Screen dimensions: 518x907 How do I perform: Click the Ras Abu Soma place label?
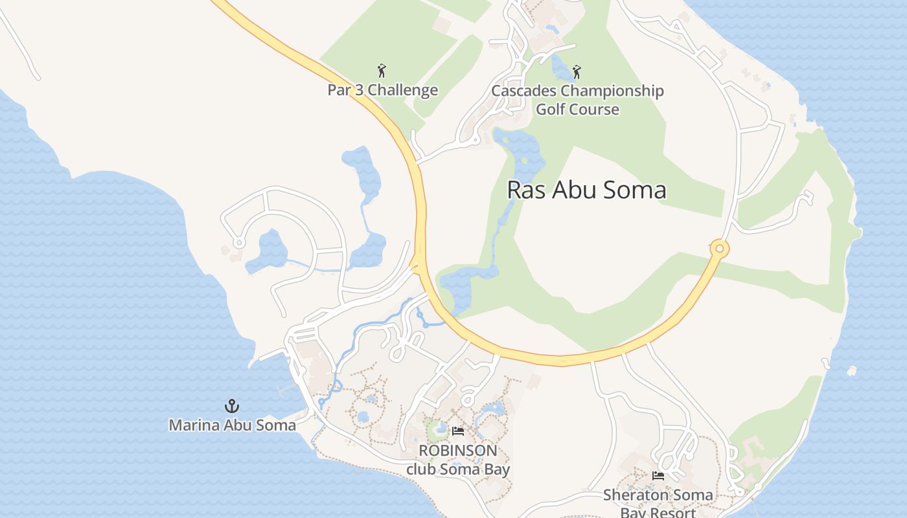586,190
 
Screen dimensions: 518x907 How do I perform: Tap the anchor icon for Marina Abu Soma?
232,406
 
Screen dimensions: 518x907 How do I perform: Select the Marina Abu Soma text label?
232,425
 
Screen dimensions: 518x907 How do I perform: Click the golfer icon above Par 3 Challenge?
382,71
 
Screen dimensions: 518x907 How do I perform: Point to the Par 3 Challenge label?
382,90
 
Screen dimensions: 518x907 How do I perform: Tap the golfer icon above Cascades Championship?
577,71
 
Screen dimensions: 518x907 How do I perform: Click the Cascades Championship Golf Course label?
577,100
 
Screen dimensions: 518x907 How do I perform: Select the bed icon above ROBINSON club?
458,431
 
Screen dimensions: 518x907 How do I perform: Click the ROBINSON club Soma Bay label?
458,460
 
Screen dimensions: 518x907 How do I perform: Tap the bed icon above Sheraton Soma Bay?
658,476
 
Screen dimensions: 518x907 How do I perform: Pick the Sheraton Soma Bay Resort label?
658,504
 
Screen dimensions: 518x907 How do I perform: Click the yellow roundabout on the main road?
719,249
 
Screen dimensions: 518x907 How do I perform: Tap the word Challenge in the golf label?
406,90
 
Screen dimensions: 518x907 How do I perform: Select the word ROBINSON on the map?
458,451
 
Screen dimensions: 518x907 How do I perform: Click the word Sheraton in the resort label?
631,495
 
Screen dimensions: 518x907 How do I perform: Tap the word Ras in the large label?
523,190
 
